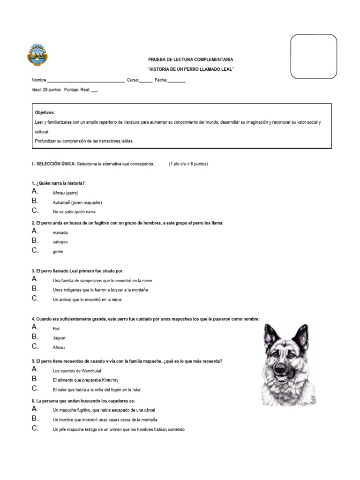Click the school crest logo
37,55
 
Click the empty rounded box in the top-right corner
314,56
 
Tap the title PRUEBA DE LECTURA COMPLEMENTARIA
190,60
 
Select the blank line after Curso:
146,81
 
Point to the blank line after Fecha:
177,81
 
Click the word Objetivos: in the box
45,112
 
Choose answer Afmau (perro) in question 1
66,193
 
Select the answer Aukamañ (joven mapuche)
77,202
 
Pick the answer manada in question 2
60,232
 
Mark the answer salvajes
60,242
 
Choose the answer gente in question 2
58,252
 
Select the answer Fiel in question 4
56,329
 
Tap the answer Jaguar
59,338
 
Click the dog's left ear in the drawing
271,334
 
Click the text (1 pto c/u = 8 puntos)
188,164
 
